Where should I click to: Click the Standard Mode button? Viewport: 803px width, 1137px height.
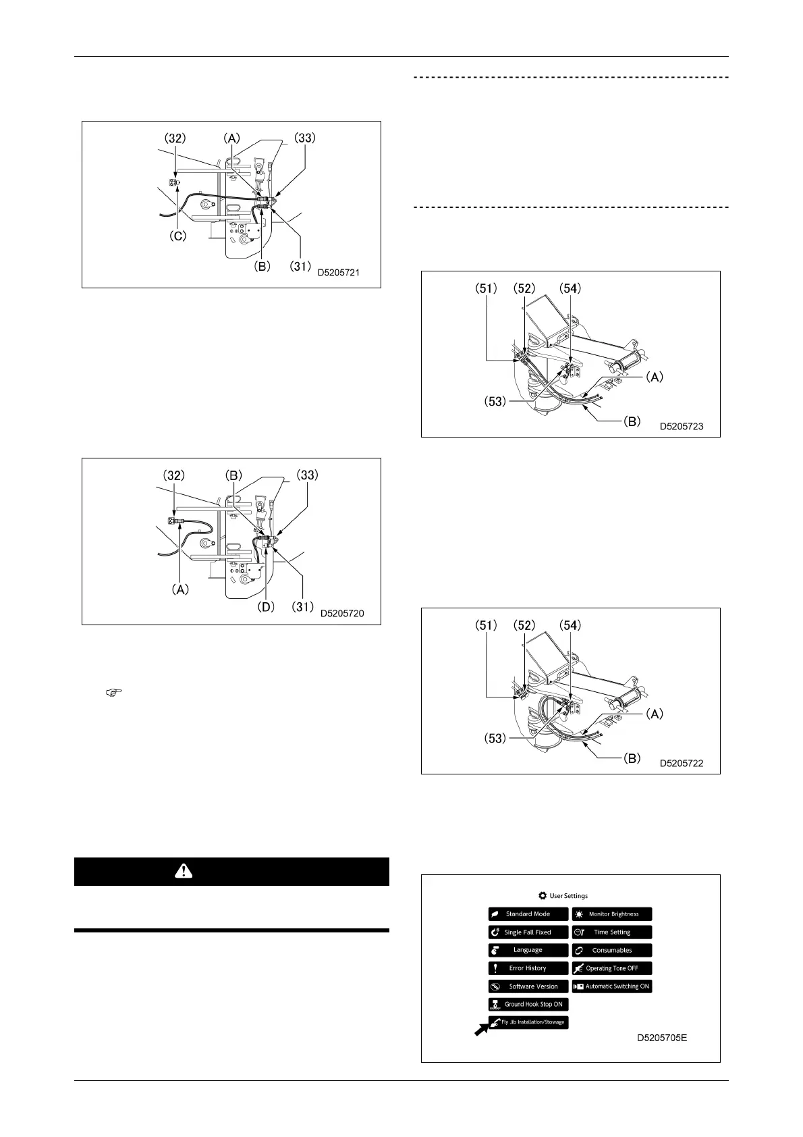pyautogui.click(x=528, y=914)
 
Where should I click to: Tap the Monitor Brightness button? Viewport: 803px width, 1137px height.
pyautogui.click(x=612, y=914)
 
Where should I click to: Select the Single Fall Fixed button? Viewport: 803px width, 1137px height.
pyautogui.click(x=528, y=932)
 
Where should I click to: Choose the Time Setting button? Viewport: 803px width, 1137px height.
pyautogui.click(x=612, y=932)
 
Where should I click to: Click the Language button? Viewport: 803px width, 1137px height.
pyautogui.click(x=528, y=950)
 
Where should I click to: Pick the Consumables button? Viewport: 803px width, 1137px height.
pyautogui.click(x=612, y=950)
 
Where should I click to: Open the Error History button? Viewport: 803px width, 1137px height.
pyautogui.click(x=528, y=968)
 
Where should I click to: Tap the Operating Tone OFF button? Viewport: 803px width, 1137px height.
pyautogui.click(x=612, y=968)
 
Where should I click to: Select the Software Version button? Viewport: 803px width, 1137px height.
pyautogui.click(x=528, y=986)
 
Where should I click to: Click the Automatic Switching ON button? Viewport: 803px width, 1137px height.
pyautogui.click(x=612, y=986)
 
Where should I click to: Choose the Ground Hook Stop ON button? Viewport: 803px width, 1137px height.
pyautogui.click(x=528, y=1004)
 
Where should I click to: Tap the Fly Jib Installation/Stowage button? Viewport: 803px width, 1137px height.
pyautogui.click(x=528, y=1022)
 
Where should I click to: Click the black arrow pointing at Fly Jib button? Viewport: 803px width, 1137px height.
pyautogui.click(x=482, y=1028)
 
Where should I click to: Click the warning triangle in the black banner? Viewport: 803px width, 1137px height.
pyautogui.click(x=183, y=871)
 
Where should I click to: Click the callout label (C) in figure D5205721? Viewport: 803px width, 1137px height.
pyautogui.click(x=177, y=238)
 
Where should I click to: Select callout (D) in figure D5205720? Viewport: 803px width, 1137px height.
pyautogui.click(x=267, y=607)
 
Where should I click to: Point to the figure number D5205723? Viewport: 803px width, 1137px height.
pyautogui.click(x=682, y=427)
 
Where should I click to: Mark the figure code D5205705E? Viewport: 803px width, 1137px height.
pyautogui.click(x=662, y=1037)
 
